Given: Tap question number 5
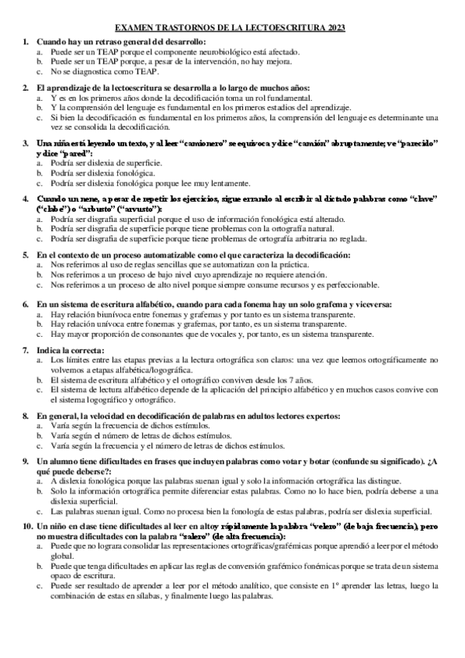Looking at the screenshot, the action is (26, 255).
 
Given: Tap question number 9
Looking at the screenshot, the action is (26, 462).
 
